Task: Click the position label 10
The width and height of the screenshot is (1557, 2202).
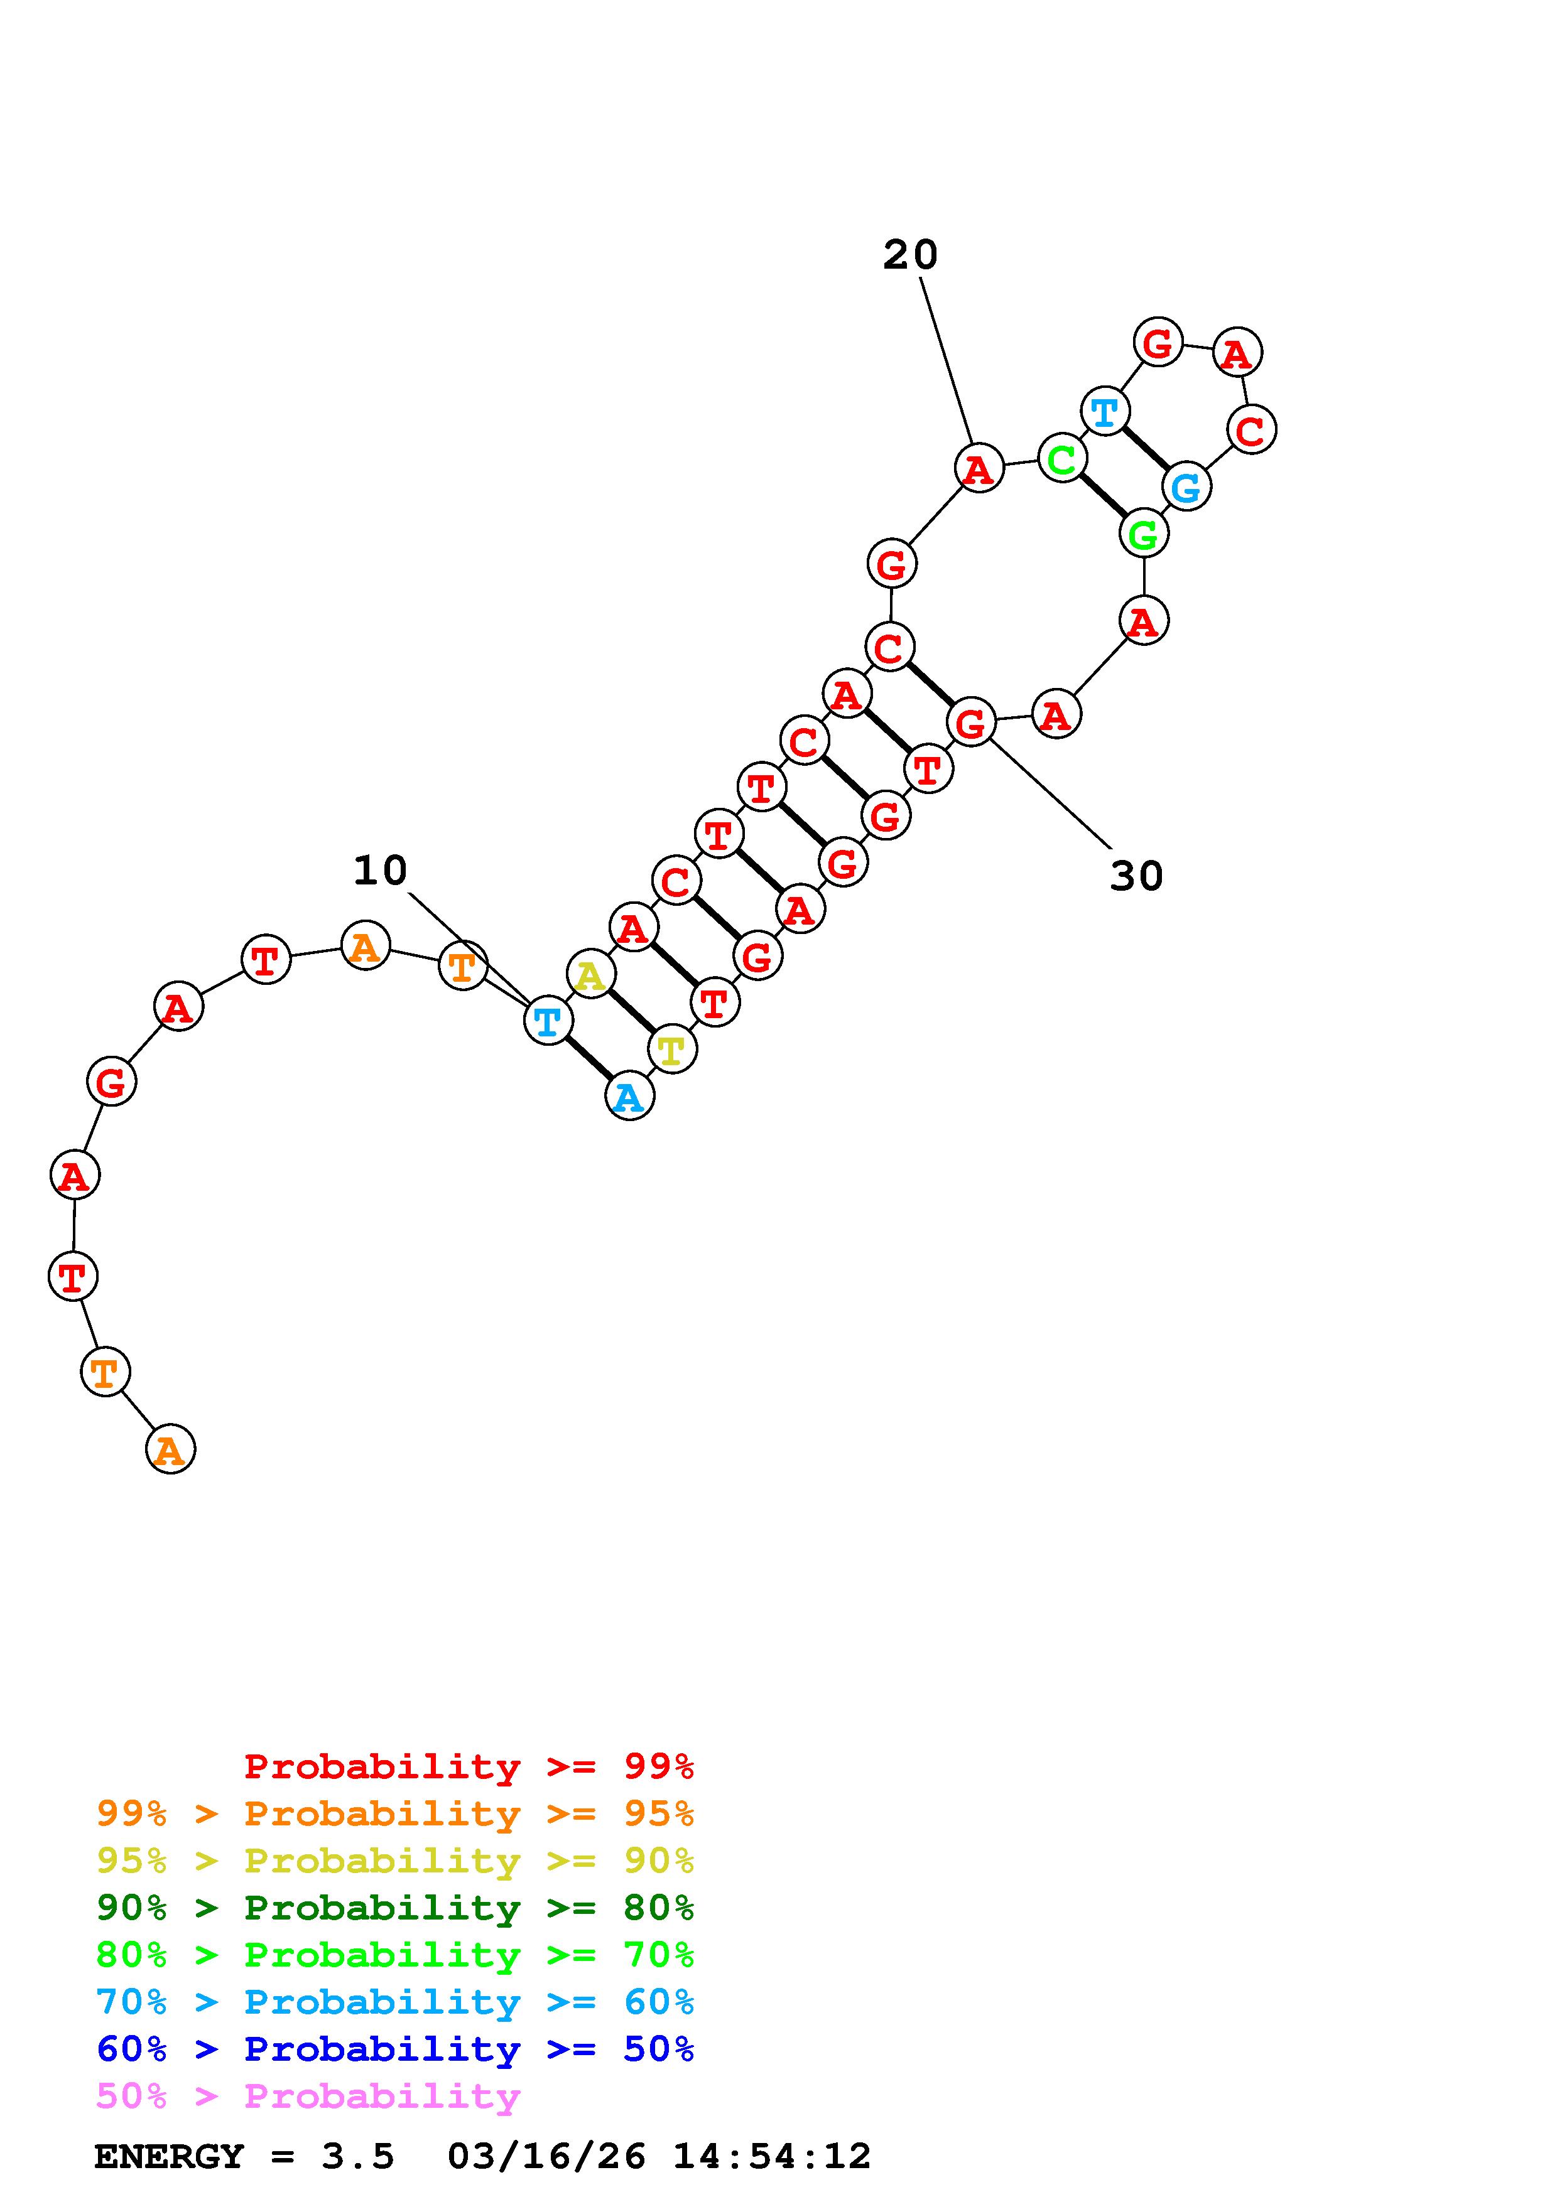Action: point(380,871)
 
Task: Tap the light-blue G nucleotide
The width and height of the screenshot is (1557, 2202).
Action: point(1186,486)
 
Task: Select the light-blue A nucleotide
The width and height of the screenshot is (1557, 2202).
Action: point(629,1096)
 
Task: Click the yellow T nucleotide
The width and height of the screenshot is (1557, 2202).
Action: point(671,1049)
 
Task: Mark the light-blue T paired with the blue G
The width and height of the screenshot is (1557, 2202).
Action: point(1105,411)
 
